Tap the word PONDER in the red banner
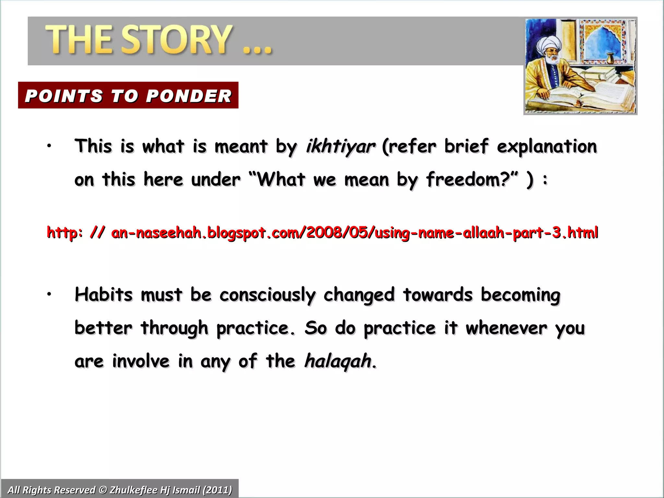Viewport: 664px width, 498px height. pos(189,96)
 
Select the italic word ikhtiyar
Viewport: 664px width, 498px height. pos(340,147)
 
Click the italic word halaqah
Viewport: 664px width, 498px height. pos(338,361)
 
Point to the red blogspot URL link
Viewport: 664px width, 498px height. pos(322,233)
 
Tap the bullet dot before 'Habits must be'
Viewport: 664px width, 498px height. pos(49,294)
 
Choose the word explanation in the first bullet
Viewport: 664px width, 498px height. pos(547,147)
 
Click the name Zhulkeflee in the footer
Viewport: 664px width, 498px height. pos(133,490)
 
